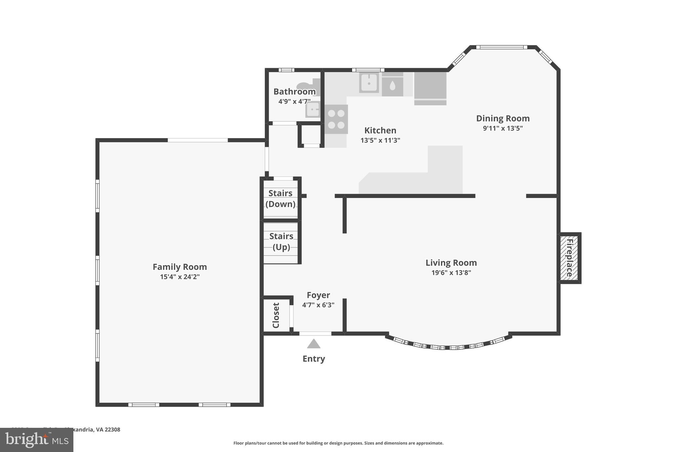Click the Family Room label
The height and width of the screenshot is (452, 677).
pos(179,267)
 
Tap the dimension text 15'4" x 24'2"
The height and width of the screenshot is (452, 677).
pos(179,277)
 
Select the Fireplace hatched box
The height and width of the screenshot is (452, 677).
pos(569,258)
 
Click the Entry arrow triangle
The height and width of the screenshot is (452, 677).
pos(313,344)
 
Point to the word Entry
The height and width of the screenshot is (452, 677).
pos(314,359)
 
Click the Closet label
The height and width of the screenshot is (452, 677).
pos(276,315)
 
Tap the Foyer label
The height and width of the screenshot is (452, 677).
pos(318,295)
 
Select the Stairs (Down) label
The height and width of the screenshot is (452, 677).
pos(280,198)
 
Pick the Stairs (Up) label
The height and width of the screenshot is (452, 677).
pos(281,241)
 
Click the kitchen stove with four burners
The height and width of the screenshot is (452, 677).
pos(336,119)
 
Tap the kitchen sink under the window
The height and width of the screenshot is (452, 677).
pos(369,83)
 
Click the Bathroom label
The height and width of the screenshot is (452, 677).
pos(294,91)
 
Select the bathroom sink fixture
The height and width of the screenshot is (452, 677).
pos(312,110)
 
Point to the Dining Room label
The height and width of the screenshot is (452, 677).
pos(502,118)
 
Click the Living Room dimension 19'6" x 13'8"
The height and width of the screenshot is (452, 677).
pos(451,273)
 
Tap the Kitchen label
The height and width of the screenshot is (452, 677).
pos(380,130)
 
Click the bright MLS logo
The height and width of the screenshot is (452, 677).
pos(36,440)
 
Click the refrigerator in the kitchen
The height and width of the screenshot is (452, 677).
pos(430,87)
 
